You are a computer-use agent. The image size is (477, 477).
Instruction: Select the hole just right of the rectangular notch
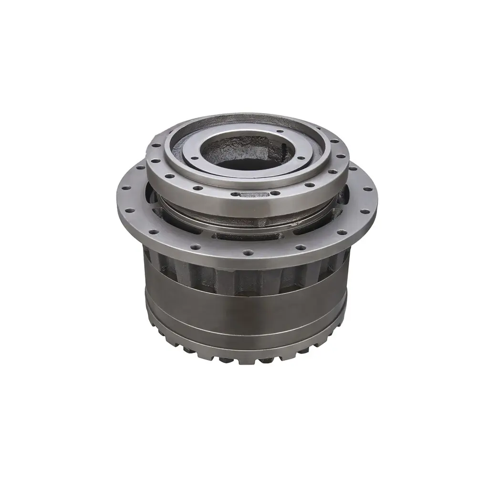tap(275, 193)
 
